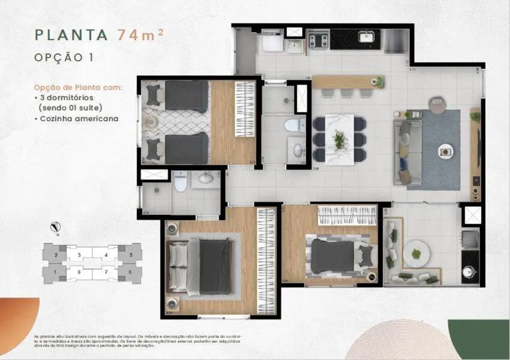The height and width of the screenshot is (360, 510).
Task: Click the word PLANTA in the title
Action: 71,34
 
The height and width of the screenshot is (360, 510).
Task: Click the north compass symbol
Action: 55,227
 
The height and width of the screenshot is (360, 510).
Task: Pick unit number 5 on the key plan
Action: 131,255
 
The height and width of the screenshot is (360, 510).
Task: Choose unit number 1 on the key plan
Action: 56,272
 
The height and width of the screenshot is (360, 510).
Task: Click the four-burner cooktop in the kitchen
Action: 319,40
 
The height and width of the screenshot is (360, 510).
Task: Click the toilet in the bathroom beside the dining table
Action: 291,125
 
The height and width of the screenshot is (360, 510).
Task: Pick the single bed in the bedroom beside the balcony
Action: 336,256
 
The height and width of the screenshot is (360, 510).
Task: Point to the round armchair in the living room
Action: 437,104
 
